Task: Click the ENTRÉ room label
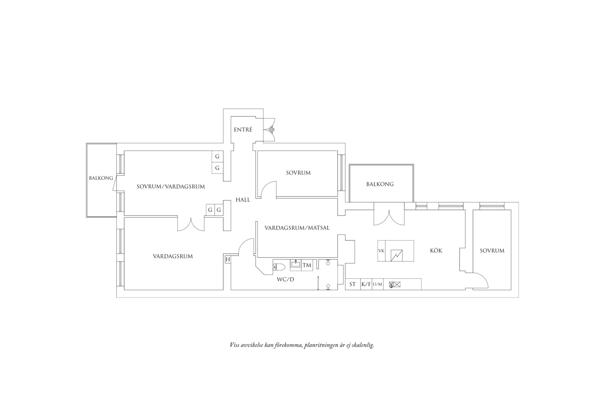coord(243,130)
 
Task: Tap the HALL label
coord(243,200)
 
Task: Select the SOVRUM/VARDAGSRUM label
coord(171,186)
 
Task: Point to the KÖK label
coord(436,251)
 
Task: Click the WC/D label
coord(286,280)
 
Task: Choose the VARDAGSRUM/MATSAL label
coord(297,228)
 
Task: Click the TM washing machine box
coord(307,265)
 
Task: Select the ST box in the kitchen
coord(353,284)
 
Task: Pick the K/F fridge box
coord(366,284)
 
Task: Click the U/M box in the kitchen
coord(377,284)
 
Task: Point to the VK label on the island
coord(381,251)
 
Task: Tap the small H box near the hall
coord(228,260)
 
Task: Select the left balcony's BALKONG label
coord(101,178)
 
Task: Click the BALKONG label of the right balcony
coord(380,184)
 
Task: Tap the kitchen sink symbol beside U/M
coord(395,285)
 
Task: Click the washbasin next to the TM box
coord(296,265)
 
